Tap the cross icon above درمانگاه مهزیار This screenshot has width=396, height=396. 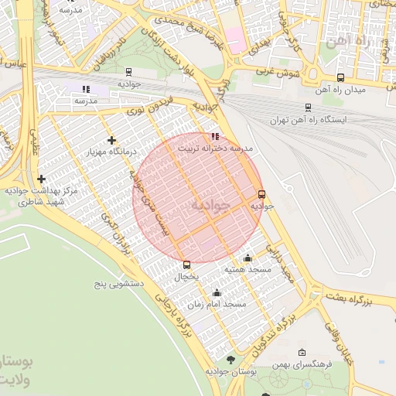(113, 141)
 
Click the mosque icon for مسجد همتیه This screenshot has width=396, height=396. (247, 258)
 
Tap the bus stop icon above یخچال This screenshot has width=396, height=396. (186, 265)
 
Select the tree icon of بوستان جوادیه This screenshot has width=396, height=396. (230, 360)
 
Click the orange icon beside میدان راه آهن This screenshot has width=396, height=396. (341, 77)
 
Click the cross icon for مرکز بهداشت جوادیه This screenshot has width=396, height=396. (41, 179)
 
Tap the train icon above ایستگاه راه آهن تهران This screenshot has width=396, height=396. (309, 108)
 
